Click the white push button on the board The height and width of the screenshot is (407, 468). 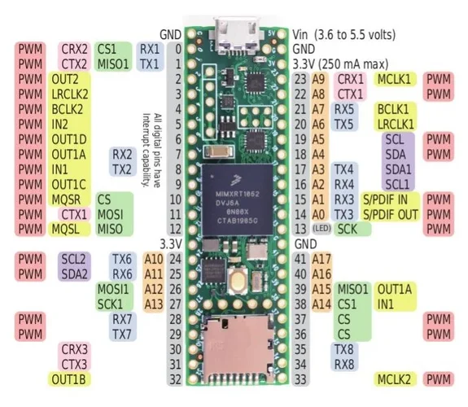239,282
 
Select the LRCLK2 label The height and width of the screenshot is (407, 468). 69,94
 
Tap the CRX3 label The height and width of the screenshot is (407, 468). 75,349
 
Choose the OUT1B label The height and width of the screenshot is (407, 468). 69,379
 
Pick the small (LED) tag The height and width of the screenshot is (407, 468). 321,229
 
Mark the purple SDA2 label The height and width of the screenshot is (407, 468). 75,274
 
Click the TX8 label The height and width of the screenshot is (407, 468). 343,349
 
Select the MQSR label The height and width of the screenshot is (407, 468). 69,199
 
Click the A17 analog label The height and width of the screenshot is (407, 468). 321,259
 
